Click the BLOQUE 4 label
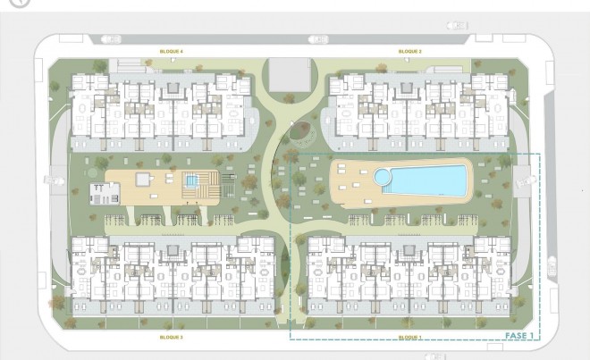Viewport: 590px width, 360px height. [171, 51]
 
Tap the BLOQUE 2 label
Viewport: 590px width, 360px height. [409, 51]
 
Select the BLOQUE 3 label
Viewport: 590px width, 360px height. [171, 337]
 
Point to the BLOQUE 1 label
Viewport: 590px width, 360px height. [409, 337]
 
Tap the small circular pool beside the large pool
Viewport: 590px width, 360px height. [383, 177]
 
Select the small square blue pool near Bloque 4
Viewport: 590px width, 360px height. [191, 181]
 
